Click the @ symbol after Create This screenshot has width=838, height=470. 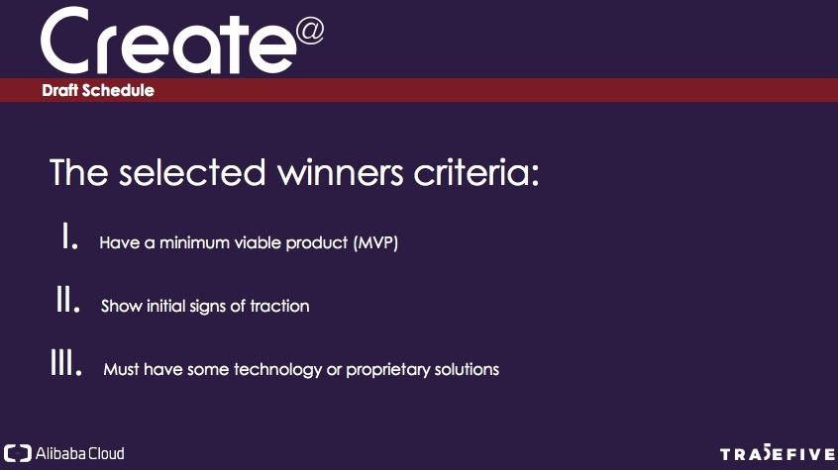click(309, 32)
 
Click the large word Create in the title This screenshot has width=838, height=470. click(167, 42)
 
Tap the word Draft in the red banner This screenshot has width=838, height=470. click(59, 90)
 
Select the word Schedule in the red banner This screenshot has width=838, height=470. click(118, 90)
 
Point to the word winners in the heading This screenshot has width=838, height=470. click(340, 172)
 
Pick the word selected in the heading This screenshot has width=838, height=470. click(192, 172)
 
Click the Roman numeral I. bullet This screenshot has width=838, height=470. click(70, 236)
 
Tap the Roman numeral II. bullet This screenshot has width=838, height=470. click(68, 299)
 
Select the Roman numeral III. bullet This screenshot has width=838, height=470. click(66, 362)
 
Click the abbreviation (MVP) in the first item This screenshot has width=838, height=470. click(375, 243)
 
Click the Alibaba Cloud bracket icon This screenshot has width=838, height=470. click(18, 453)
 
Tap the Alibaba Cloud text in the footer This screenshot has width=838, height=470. click(79, 453)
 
